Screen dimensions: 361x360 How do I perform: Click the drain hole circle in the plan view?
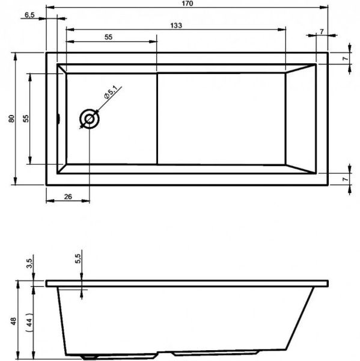point(90,119)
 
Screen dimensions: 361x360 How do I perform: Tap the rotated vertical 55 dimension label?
point(26,119)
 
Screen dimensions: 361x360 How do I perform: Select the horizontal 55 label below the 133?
point(109,37)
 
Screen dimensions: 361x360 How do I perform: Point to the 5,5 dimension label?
point(78,258)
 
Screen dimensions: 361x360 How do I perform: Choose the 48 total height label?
point(13,321)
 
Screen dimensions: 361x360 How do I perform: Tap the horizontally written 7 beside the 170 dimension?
point(322,31)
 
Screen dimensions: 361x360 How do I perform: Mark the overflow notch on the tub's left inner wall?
point(58,119)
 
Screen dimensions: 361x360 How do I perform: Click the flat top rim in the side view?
point(186,283)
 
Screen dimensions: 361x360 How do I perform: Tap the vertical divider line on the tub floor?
point(157,119)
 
